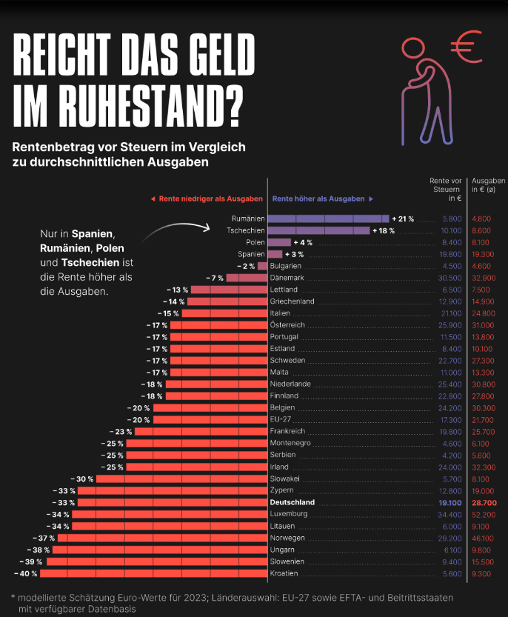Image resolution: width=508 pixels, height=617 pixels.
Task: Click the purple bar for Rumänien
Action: pyautogui.click(x=328, y=219)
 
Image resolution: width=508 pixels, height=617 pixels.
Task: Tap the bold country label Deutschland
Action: pyautogui.click(x=293, y=502)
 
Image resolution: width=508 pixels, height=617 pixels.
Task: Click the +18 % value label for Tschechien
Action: pyautogui.click(x=384, y=230)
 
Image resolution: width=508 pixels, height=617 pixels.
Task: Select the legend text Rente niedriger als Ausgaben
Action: pyautogui.click(x=210, y=199)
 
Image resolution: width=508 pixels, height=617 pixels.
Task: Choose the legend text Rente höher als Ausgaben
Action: pyautogui.click(x=318, y=199)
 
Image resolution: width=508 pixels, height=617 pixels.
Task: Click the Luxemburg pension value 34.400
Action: pyautogui.click(x=449, y=514)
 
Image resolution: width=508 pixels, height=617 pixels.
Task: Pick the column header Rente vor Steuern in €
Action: pyautogui.click(x=446, y=190)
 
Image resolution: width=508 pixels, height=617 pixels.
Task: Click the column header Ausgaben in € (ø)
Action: pyautogui.click(x=489, y=185)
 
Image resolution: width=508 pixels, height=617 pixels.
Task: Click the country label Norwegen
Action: pyautogui.click(x=287, y=538)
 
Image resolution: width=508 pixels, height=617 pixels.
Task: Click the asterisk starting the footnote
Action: pyautogui.click(x=13, y=597)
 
